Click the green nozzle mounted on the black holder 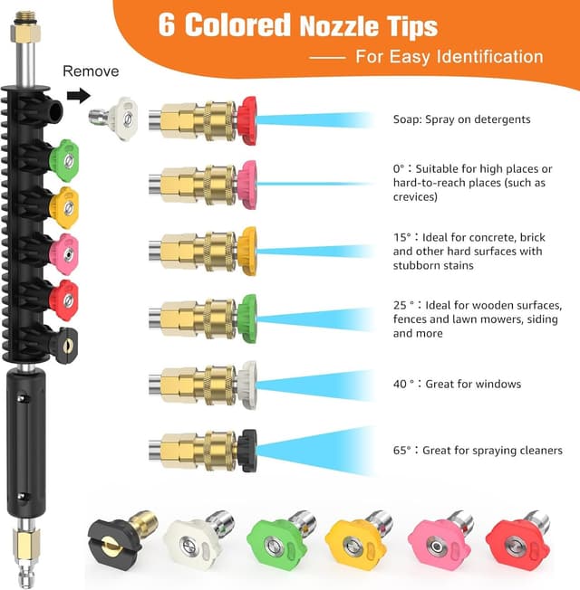(x=63, y=159)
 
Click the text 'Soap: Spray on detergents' (x=461, y=119)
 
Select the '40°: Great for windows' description (x=457, y=384)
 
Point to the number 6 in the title (x=167, y=24)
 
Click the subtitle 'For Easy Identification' (x=449, y=57)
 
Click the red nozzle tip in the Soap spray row (x=246, y=119)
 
